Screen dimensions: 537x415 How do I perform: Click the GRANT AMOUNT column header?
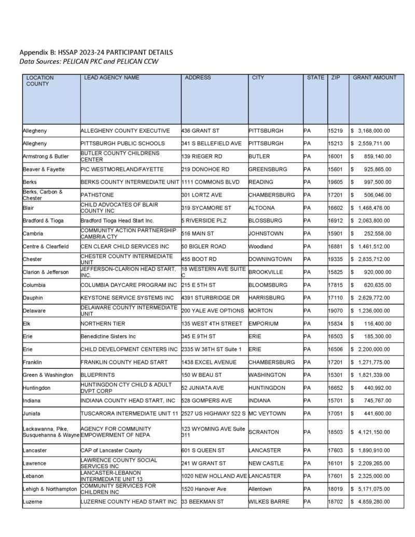(x=375, y=78)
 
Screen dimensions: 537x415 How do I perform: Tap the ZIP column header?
(x=336, y=78)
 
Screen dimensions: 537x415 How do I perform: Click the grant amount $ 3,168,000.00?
(x=370, y=130)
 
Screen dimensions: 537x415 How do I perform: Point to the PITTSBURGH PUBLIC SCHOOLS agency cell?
(x=122, y=143)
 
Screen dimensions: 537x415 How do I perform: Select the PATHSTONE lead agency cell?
(x=96, y=195)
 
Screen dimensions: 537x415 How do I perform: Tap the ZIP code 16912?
(x=336, y=221)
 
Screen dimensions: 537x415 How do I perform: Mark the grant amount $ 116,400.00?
(x=374, y=323)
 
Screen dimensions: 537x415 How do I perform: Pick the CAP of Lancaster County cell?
(x=111, y=450)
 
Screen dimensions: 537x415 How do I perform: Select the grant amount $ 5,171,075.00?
(x=370, y=489)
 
